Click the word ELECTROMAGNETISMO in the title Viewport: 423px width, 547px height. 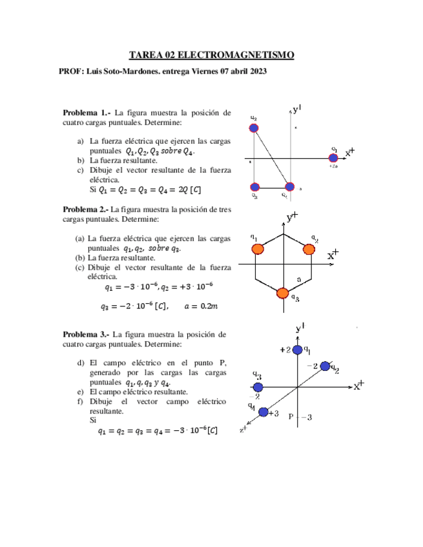[236, 55]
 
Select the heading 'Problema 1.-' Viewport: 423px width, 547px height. [86, 112]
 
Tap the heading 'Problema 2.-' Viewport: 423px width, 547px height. [85, 209]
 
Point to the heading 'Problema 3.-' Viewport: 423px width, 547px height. [86, 335]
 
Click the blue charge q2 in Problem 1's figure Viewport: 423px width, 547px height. [254, 128]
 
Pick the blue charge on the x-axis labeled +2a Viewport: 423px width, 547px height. [333, 157]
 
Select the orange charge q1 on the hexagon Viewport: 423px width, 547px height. [257, 248]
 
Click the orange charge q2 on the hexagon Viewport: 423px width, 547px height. [309, 248]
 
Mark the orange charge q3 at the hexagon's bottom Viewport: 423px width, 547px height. [282, 293]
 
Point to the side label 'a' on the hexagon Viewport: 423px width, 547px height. [298, 279]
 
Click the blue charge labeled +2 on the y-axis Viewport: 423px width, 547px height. [297, 350]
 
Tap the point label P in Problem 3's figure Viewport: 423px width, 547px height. [291, 417]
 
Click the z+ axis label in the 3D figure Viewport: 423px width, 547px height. [243, 429]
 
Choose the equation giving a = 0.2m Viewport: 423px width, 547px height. [200, 306]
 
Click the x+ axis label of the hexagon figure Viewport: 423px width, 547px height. [333, 255]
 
